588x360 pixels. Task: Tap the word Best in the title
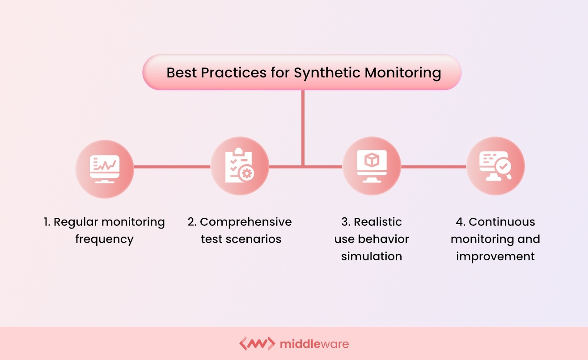(x=182, y=72)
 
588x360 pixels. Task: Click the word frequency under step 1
(x=104, y=239)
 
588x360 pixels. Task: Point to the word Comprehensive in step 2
(x=245, y=222)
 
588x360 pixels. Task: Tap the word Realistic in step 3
(x=377, y=222)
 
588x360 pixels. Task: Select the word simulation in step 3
(x=372, y=256)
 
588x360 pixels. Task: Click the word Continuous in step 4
(x=502, y=222)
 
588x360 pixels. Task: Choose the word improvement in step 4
(x=495, y=256)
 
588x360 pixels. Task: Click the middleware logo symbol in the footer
(x=257, y=343)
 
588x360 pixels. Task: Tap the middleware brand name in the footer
(x=314, y=344)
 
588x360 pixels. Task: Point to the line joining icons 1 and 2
(x=172, y=167)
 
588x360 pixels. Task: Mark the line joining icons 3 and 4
(x=433, y=167)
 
